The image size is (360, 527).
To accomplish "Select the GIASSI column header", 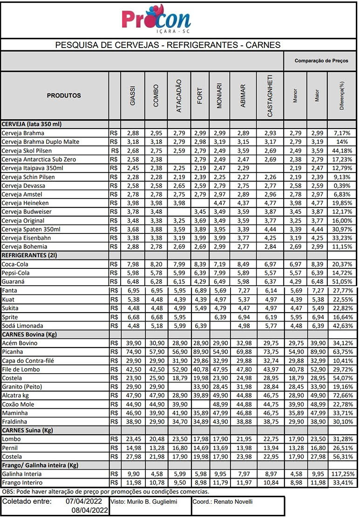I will tap(133, 96).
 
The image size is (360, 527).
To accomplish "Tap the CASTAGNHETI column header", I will tap(270, 96).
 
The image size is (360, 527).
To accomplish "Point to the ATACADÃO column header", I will tap(179, 96).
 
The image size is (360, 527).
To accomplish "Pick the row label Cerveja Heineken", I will tap(23, 203).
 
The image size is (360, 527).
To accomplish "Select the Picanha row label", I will tap(13, 352).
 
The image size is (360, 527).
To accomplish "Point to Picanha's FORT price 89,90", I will tap(200, 352).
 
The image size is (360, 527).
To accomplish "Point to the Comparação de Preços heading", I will tap(321, 61).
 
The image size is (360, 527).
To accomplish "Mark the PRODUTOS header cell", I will tap(64, 96).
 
